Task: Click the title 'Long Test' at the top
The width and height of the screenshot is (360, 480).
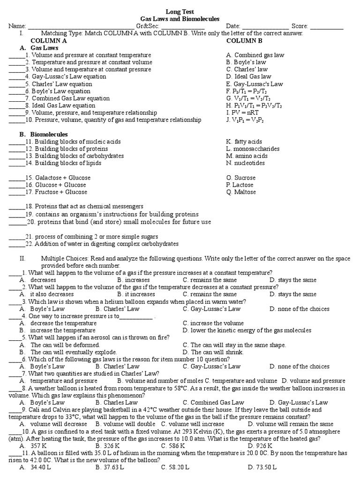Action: pyautogui.click(x=180, y=12)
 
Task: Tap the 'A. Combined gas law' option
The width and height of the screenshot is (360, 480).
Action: pyautogui.click(x=255, y=55)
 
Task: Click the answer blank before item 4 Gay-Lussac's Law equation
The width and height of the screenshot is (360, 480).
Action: pyautogui.click(x=16, y=77)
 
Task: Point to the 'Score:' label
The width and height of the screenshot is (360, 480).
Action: pyautogui.click(x=300, y=26)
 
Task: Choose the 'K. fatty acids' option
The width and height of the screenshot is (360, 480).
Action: pyautogui.click(x=244, y=142)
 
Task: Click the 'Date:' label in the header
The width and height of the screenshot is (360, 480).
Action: pyautogui.click(x=233, y=26)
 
